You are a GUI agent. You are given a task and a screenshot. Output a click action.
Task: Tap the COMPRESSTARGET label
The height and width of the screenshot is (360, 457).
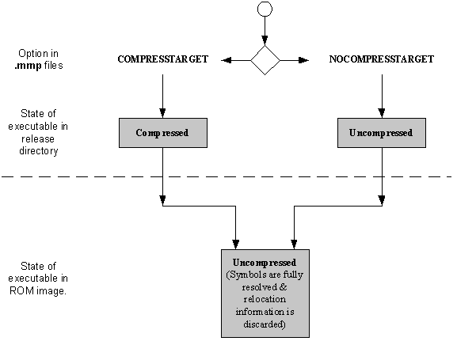tap(163, 59)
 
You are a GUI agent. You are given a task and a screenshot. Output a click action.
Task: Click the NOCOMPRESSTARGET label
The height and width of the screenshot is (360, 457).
tap(382, 59)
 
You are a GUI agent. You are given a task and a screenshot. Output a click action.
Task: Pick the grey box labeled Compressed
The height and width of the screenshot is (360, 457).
tap(163, 133)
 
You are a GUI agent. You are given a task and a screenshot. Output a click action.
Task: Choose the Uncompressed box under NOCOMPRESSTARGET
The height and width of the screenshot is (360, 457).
tap(382, 133)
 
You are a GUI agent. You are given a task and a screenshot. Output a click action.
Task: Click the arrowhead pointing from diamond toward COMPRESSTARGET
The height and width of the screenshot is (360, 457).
tap(227, 60)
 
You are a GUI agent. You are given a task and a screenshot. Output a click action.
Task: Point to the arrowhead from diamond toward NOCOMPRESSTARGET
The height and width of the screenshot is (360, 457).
tap(303, 60)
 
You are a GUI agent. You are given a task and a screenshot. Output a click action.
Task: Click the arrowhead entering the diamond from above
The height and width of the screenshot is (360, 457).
tap(265, 40)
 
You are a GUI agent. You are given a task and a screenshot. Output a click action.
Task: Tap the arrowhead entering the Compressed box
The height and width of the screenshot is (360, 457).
tap(162, 113)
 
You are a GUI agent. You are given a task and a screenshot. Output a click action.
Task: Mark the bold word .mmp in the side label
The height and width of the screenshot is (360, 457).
tap(29, 66)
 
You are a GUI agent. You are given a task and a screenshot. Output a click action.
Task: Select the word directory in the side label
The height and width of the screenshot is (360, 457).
tap(39, 151)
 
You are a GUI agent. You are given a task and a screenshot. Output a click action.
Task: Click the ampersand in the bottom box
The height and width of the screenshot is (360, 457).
tap(283, 287)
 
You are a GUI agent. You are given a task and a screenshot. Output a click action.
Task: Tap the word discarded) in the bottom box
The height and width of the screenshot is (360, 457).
tap(265, 324)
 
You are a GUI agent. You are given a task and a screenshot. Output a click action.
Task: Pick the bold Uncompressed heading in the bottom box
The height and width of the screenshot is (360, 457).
tap(265, 263)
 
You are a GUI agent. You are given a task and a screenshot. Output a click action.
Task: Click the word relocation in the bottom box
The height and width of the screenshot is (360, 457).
tap(265, 299)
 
